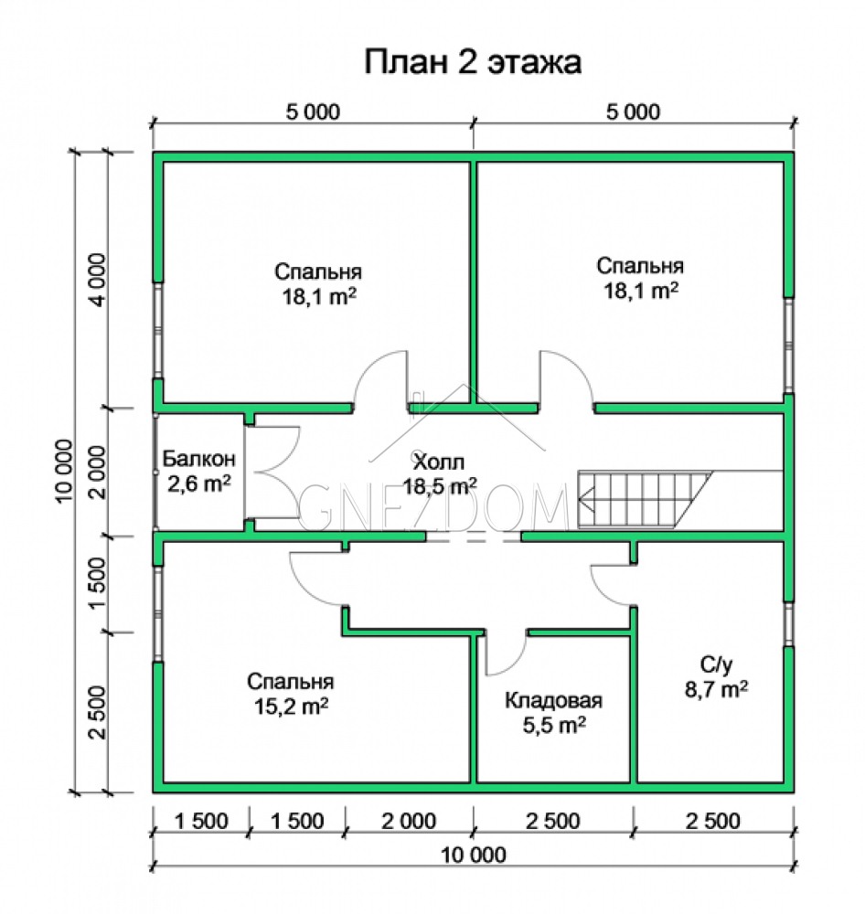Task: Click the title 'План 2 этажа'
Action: [x=473, y=62]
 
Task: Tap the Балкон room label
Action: [x=199, y=459]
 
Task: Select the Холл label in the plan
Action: [x=439, y=462]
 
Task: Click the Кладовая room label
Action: [x=553, y=700]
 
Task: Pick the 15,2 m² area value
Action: [x=291, y=707]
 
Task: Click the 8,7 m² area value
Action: [x=716, y=689]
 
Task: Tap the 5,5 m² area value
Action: [x=554, y=725]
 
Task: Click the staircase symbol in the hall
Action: [x=645, y=500]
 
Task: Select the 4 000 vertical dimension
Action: [x=98, y=280]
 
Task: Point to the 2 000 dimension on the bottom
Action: [x=409, y=821]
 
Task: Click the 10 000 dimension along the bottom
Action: [x=473, y=856]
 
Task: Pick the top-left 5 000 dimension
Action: [x=313, y=112]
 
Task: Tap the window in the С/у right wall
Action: [x=788, y=623]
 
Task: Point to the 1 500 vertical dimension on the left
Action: [x=98, y=583]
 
